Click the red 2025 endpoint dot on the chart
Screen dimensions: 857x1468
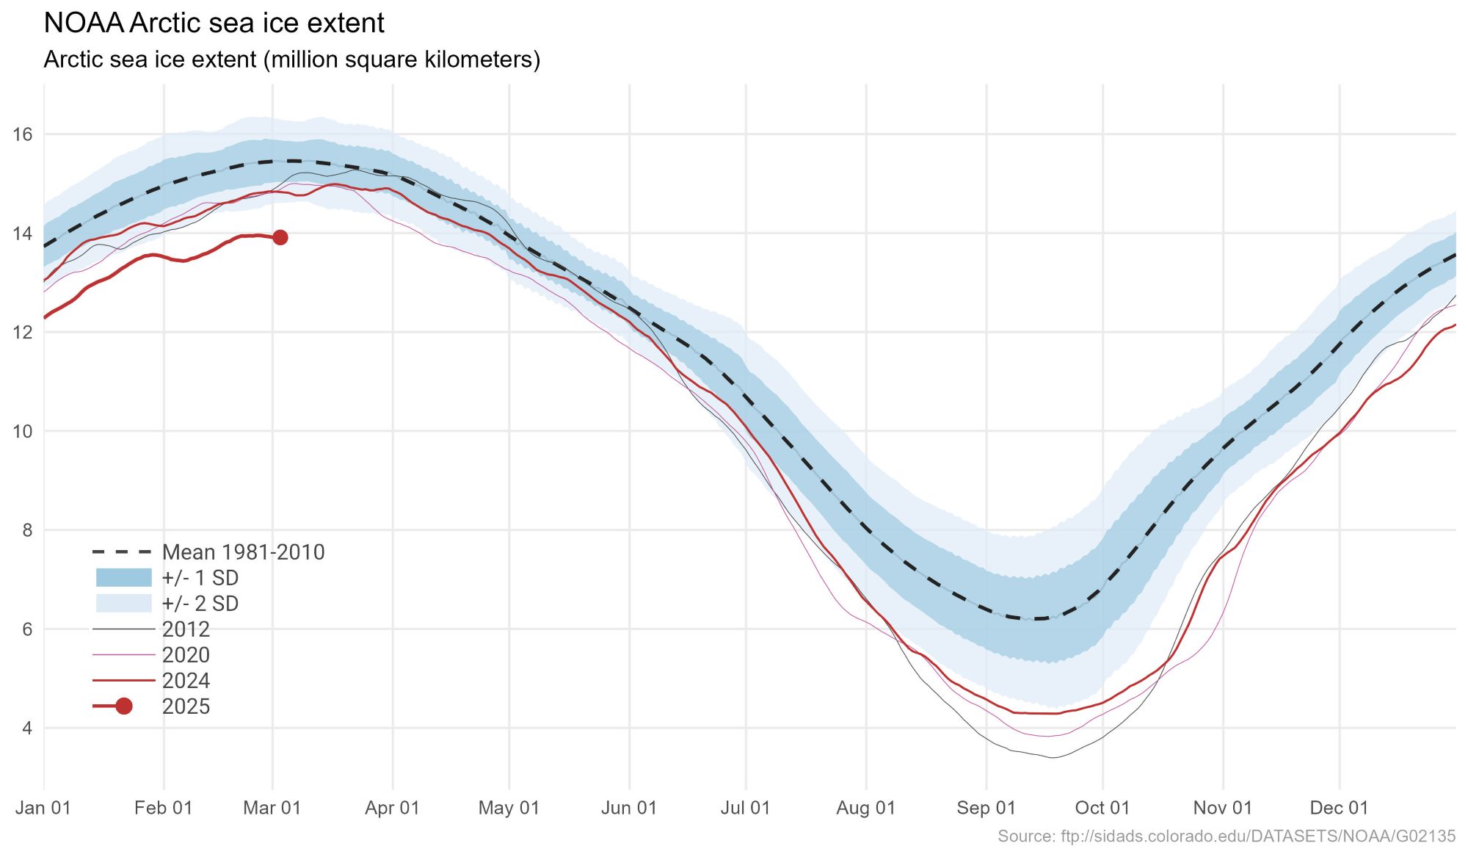tap(280, 237)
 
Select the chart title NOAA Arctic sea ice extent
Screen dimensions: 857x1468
tap(214, 23)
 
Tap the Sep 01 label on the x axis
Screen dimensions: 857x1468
tap(986, 808)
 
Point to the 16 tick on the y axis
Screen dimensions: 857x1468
tap(23, 134)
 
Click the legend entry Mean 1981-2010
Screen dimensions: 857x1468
tap(243, 552)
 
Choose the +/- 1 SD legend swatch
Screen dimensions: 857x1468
tap(123, 577)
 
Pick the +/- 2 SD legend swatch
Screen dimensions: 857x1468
tap(123, 603)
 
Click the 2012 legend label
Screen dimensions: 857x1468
tap(186, 629)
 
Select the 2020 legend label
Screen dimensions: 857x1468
tap(186, 655)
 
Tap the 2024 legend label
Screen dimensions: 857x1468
tap(186, 681)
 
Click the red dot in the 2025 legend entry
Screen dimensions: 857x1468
tap(123, 706)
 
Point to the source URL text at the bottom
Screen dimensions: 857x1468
tap(1226, 836)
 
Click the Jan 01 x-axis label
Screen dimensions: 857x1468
tap(43, 808)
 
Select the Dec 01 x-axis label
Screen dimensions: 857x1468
tap(1339, 808)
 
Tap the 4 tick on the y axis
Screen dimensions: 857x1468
tap(27, 728)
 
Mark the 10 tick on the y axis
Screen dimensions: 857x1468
tap(23, 431)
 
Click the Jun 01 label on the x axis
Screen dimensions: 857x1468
tap(628, 808)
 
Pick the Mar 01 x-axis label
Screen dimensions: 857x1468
tap(272, 808)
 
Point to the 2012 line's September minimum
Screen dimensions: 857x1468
tap(1053, 757)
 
